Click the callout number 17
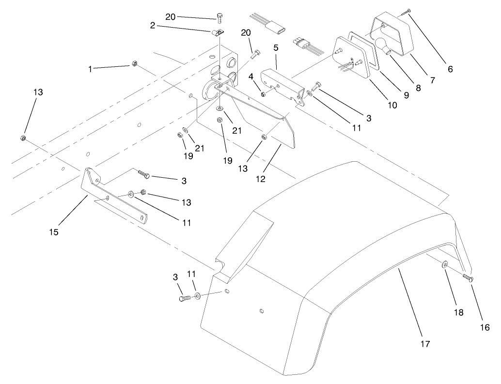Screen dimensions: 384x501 (x=424, y=344)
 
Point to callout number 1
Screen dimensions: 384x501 (x=90, y=69)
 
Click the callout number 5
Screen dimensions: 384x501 (x=276, y=48)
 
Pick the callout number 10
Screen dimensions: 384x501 (x=392, y=105)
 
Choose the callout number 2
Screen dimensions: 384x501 (x=153, y=26)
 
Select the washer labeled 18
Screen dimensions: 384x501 (x=444, y=265)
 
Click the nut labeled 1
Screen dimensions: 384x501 (x=135, y=64)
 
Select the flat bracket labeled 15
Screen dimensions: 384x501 (x=114, y=199)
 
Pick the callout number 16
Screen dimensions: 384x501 (x=485, y=328)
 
